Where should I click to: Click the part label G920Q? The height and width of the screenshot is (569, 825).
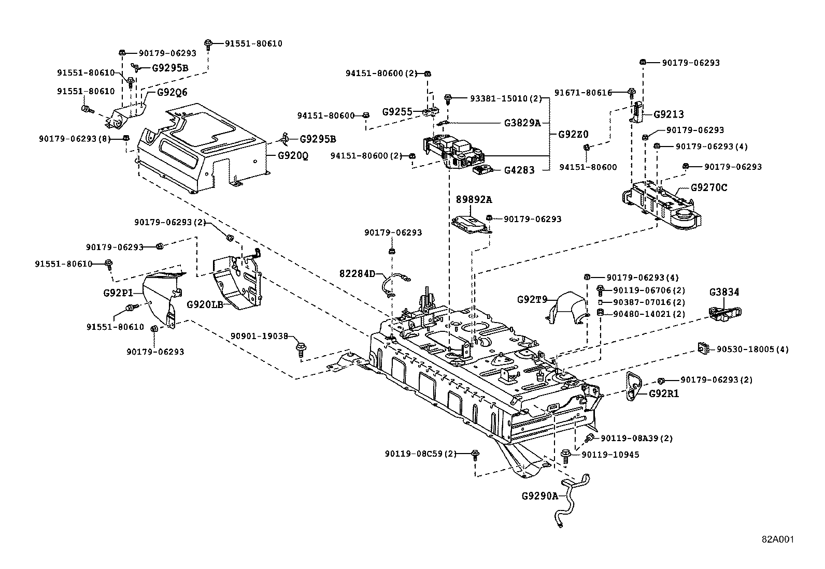pyautogui.click(x=293, y=155)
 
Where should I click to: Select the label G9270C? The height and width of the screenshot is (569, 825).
pyautogui.click(x=709, y=187)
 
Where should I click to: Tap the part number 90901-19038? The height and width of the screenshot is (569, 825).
pyautogui.click(x=259, y=336)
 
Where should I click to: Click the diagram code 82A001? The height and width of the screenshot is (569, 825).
pyautogui.click(x=777, y=539)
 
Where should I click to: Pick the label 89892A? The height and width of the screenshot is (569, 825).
pyautogui.click(x=474, y=199)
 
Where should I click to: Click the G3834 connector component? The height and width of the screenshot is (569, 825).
pyautogui.click(x=724, y=314)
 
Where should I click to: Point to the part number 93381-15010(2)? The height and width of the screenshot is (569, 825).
pyautogui.click(x=499, y=98)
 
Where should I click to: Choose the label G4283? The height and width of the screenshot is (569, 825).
pyautogui.click(x=519, y=170)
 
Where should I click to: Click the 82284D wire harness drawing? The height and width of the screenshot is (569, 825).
pyautogui.click(x=395, y=284)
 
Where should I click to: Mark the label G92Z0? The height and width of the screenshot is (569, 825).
pyautogui.click(x=573, y=134)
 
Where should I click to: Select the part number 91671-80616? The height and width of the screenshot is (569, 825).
pyautogui.click(x=583, y=93)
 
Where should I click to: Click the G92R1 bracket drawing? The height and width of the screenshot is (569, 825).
pyautogui.click(x=633, y=386)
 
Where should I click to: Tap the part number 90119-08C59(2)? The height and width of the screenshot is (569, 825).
pyautogui.click(x=420, y=454)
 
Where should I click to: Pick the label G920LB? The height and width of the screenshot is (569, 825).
pyautogui.click(x=205, y=304)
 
